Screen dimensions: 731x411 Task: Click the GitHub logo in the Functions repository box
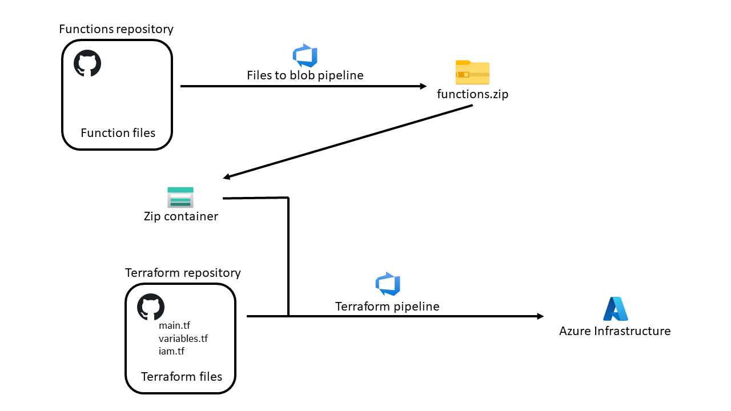pyautogui.click(x=87, y=63)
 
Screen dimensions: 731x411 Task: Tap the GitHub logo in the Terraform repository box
pyautogui.click(x=150, y=307)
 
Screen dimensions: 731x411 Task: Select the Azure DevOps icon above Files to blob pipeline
pyautogui.click(x=305, y=55)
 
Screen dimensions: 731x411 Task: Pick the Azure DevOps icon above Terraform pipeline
pyautogui.click(x=388, y=284)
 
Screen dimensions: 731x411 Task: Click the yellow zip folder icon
pyautogui.click(x=472, y=72)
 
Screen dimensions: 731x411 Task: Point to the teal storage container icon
pyautogui.click(x=180, y=198)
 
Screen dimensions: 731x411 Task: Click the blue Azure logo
pyautogui.click(x=616, y=309)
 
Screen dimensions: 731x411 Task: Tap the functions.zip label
pyautogui.click(x=472, y=94)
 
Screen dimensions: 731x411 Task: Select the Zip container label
pyautogui.click(x=181, y=216)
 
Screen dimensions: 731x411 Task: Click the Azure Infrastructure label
pyautogui.click(x=615, y=331)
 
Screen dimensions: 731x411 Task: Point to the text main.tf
pyautogui.click(x=174, y=325)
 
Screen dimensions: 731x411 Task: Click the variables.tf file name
pyautogui.click(x=183, y=339)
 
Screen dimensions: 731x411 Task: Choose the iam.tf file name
pyautogui.click(x=171, y=351)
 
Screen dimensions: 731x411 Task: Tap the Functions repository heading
pyautogui.click(x=116, y=29)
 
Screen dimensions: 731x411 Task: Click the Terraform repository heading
pyautogui.click(x=183, y=273)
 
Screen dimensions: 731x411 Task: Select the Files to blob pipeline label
pyautogui.click(x=305, y=75)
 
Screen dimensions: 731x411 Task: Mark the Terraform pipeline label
pyautogui.click(x=387, y=307)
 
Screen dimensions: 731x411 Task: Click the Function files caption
pyautogui.click(x=118, y=133)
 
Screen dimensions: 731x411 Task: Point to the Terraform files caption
pyautogui.click(x=182, y=377)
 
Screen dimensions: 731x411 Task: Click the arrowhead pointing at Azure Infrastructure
pyautogui.click(x=540, y=316)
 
